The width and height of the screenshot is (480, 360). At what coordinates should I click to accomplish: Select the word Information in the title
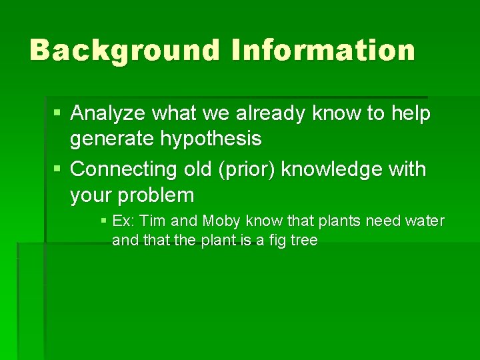point(324,51)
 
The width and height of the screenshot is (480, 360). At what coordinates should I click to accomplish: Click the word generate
point(111,139)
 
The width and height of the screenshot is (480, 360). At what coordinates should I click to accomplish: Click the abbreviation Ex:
point(123,221)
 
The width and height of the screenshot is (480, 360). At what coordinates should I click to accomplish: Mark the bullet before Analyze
point(57,114)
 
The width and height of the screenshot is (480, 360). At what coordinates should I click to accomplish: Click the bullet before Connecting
point(57,169)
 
